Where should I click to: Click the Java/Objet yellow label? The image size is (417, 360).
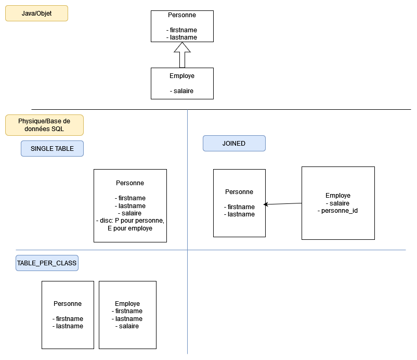click(x=36, y=13)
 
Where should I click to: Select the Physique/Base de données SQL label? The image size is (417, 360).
click(x=44, y=125)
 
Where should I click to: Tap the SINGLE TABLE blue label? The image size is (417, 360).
click(x=52, y=149)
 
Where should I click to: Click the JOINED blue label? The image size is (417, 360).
click(x=234, y=144)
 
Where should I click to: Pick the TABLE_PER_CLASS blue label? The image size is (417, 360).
click(x=47, y=263)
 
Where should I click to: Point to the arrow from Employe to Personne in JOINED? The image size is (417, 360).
click(x=283, y=204)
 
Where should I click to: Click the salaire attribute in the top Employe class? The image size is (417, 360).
click(x=182, y=91)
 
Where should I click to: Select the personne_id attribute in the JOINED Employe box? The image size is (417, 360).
click(x=338, y=211)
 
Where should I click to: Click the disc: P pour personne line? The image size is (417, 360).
click(x=130, y=221)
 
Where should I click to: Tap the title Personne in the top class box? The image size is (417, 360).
click(x=182, y=15)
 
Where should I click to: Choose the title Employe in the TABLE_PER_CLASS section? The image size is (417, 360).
click(x=127, y=304)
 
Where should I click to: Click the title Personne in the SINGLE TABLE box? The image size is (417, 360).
click(x=130, y=183)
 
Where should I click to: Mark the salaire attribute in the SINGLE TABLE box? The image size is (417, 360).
click(x=130, y=213)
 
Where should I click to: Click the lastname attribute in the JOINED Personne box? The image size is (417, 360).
click(x=240, y=214)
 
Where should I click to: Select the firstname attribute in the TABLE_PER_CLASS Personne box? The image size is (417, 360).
click(x=68, y=319)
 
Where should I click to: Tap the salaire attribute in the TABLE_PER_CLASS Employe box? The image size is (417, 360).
click(x=127, y=326)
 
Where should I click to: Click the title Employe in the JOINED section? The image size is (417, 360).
click(x=338, y=196)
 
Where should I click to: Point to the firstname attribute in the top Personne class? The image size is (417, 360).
click(x=182, y=30)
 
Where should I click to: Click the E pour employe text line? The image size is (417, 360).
click(x=130, y=228)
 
